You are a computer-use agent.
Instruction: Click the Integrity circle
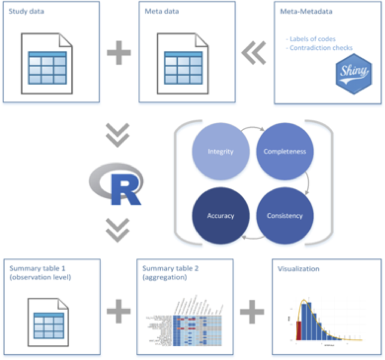click(220, 152)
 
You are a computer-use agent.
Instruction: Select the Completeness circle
click(285, 152)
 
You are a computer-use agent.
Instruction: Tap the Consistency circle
click(285, 216)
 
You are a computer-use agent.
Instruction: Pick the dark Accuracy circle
click(220, 216)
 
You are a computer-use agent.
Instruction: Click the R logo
click(116, 182)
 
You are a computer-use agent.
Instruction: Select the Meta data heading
click(159, 10)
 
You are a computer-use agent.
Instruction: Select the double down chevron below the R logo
click(116, 229)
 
